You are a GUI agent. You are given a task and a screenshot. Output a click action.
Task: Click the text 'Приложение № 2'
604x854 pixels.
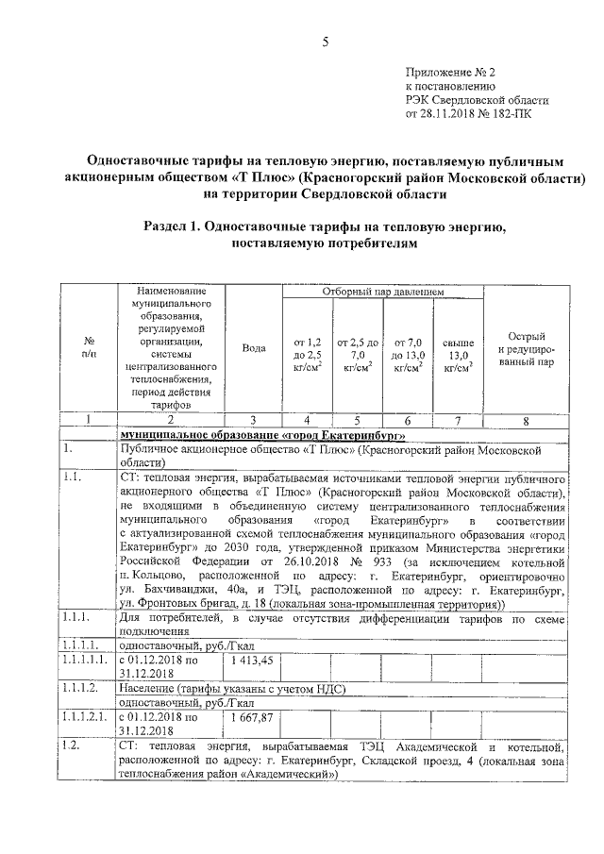pos(449,70)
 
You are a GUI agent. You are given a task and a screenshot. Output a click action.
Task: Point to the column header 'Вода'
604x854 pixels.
pos(253,348)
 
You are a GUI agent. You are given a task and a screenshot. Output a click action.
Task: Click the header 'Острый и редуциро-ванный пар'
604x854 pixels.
pos(525,349)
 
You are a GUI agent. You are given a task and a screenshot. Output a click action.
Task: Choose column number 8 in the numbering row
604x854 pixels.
pos(525,420)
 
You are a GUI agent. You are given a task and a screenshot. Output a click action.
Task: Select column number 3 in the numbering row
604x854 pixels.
pos(253,420)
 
